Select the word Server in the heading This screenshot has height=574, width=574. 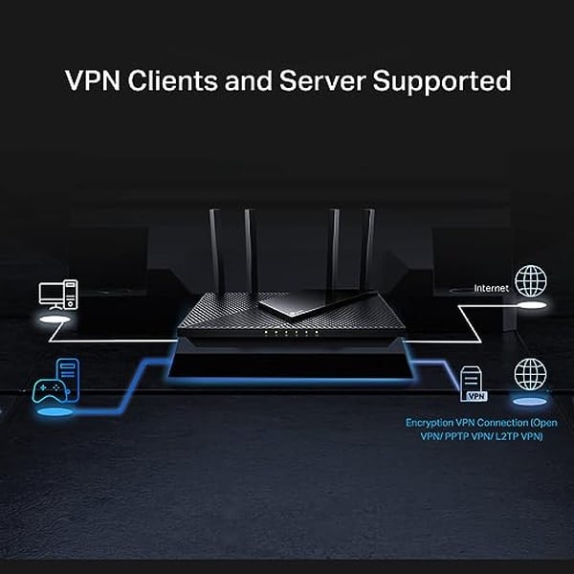click(x=319, y=80)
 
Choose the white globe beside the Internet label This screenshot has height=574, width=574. click(x=530, y=282)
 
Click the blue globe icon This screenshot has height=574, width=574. click(x=530, y=374)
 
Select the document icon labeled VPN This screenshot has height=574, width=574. click(x=473, y=384)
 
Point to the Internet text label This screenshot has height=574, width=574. click(x=492, y=287)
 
